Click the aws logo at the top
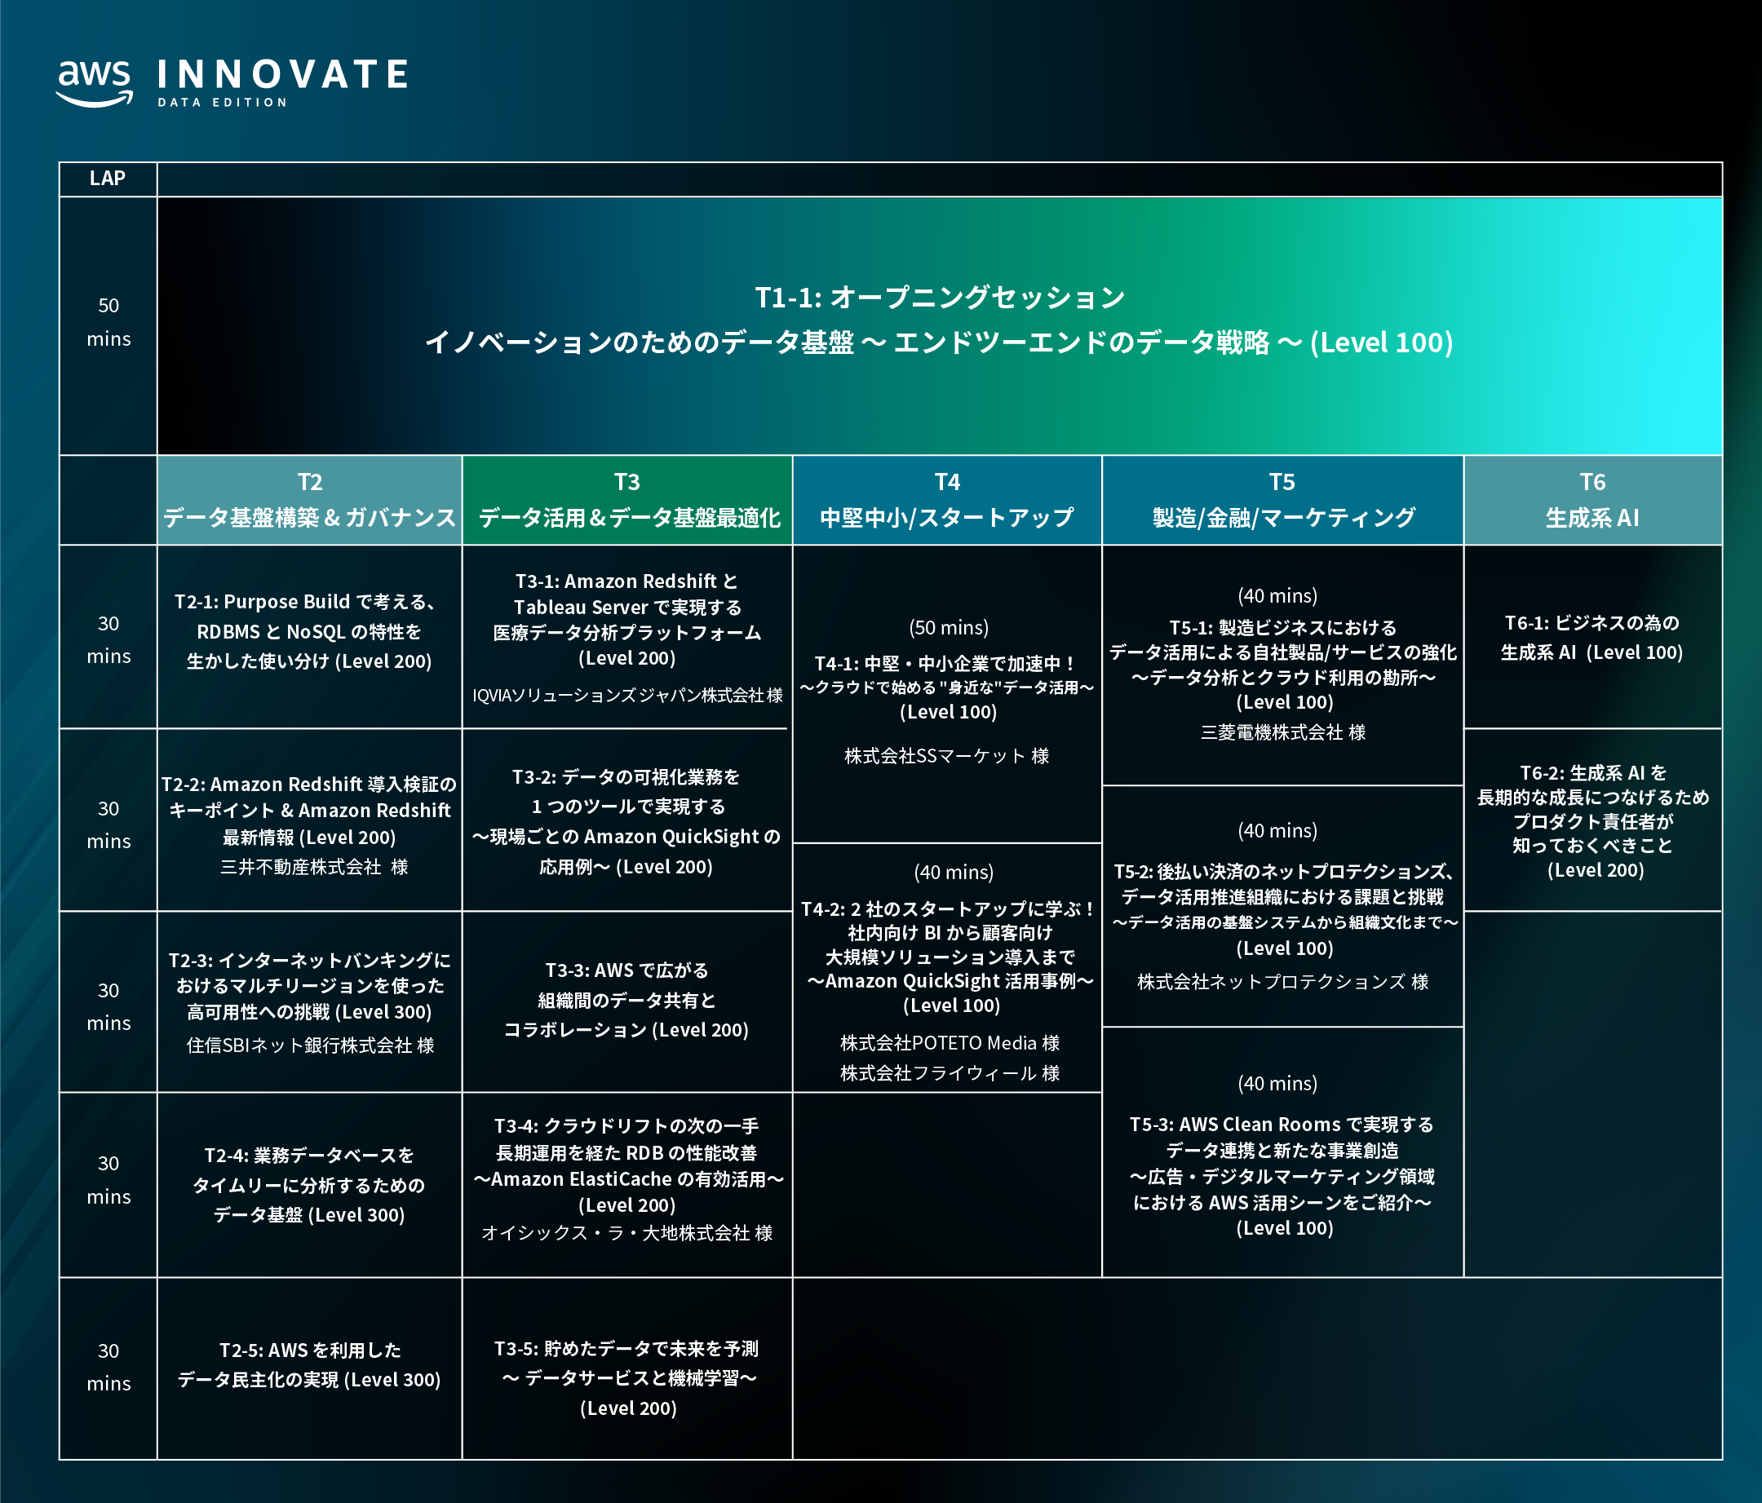[95, 82]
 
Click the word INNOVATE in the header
[282, 75]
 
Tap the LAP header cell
[107, 179]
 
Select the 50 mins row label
[108, 322]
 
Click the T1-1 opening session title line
[940, 298]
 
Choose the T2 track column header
[309, 500]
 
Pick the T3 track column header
[627, 500]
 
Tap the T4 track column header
[946, 500]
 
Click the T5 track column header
[1282, 500]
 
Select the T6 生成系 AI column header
[1592, 500]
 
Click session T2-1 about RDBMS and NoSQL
[309, 632]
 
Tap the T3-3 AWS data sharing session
[626, 1000]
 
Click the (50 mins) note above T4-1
[948, 627]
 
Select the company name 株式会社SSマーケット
[946, 756]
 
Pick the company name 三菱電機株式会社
[1282, 732]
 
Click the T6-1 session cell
[1592, 638]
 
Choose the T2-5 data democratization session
[309, 1364]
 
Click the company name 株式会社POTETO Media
[950, 1043]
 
